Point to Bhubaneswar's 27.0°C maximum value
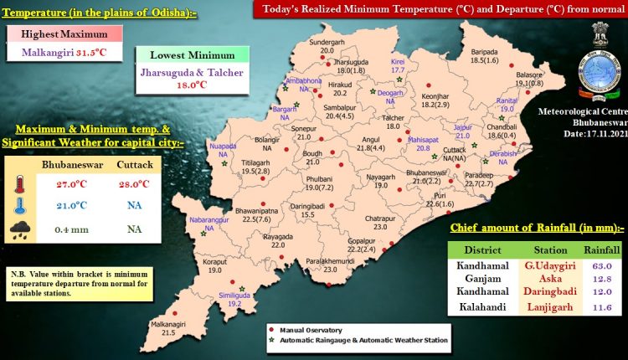(x=71, y=183)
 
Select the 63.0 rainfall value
(x=601, y=267)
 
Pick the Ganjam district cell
(x=481, y=280)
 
